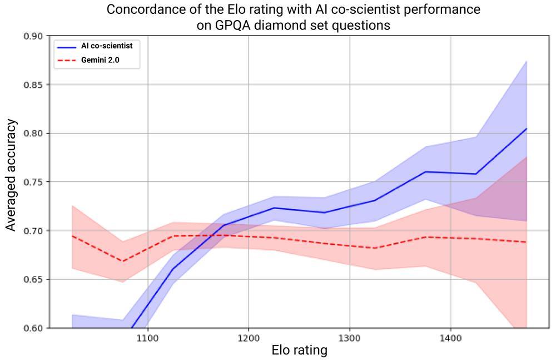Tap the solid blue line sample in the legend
click(x=67, y=46)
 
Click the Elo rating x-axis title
click(x=299, y=351)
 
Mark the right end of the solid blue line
click(x=526, y=129)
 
